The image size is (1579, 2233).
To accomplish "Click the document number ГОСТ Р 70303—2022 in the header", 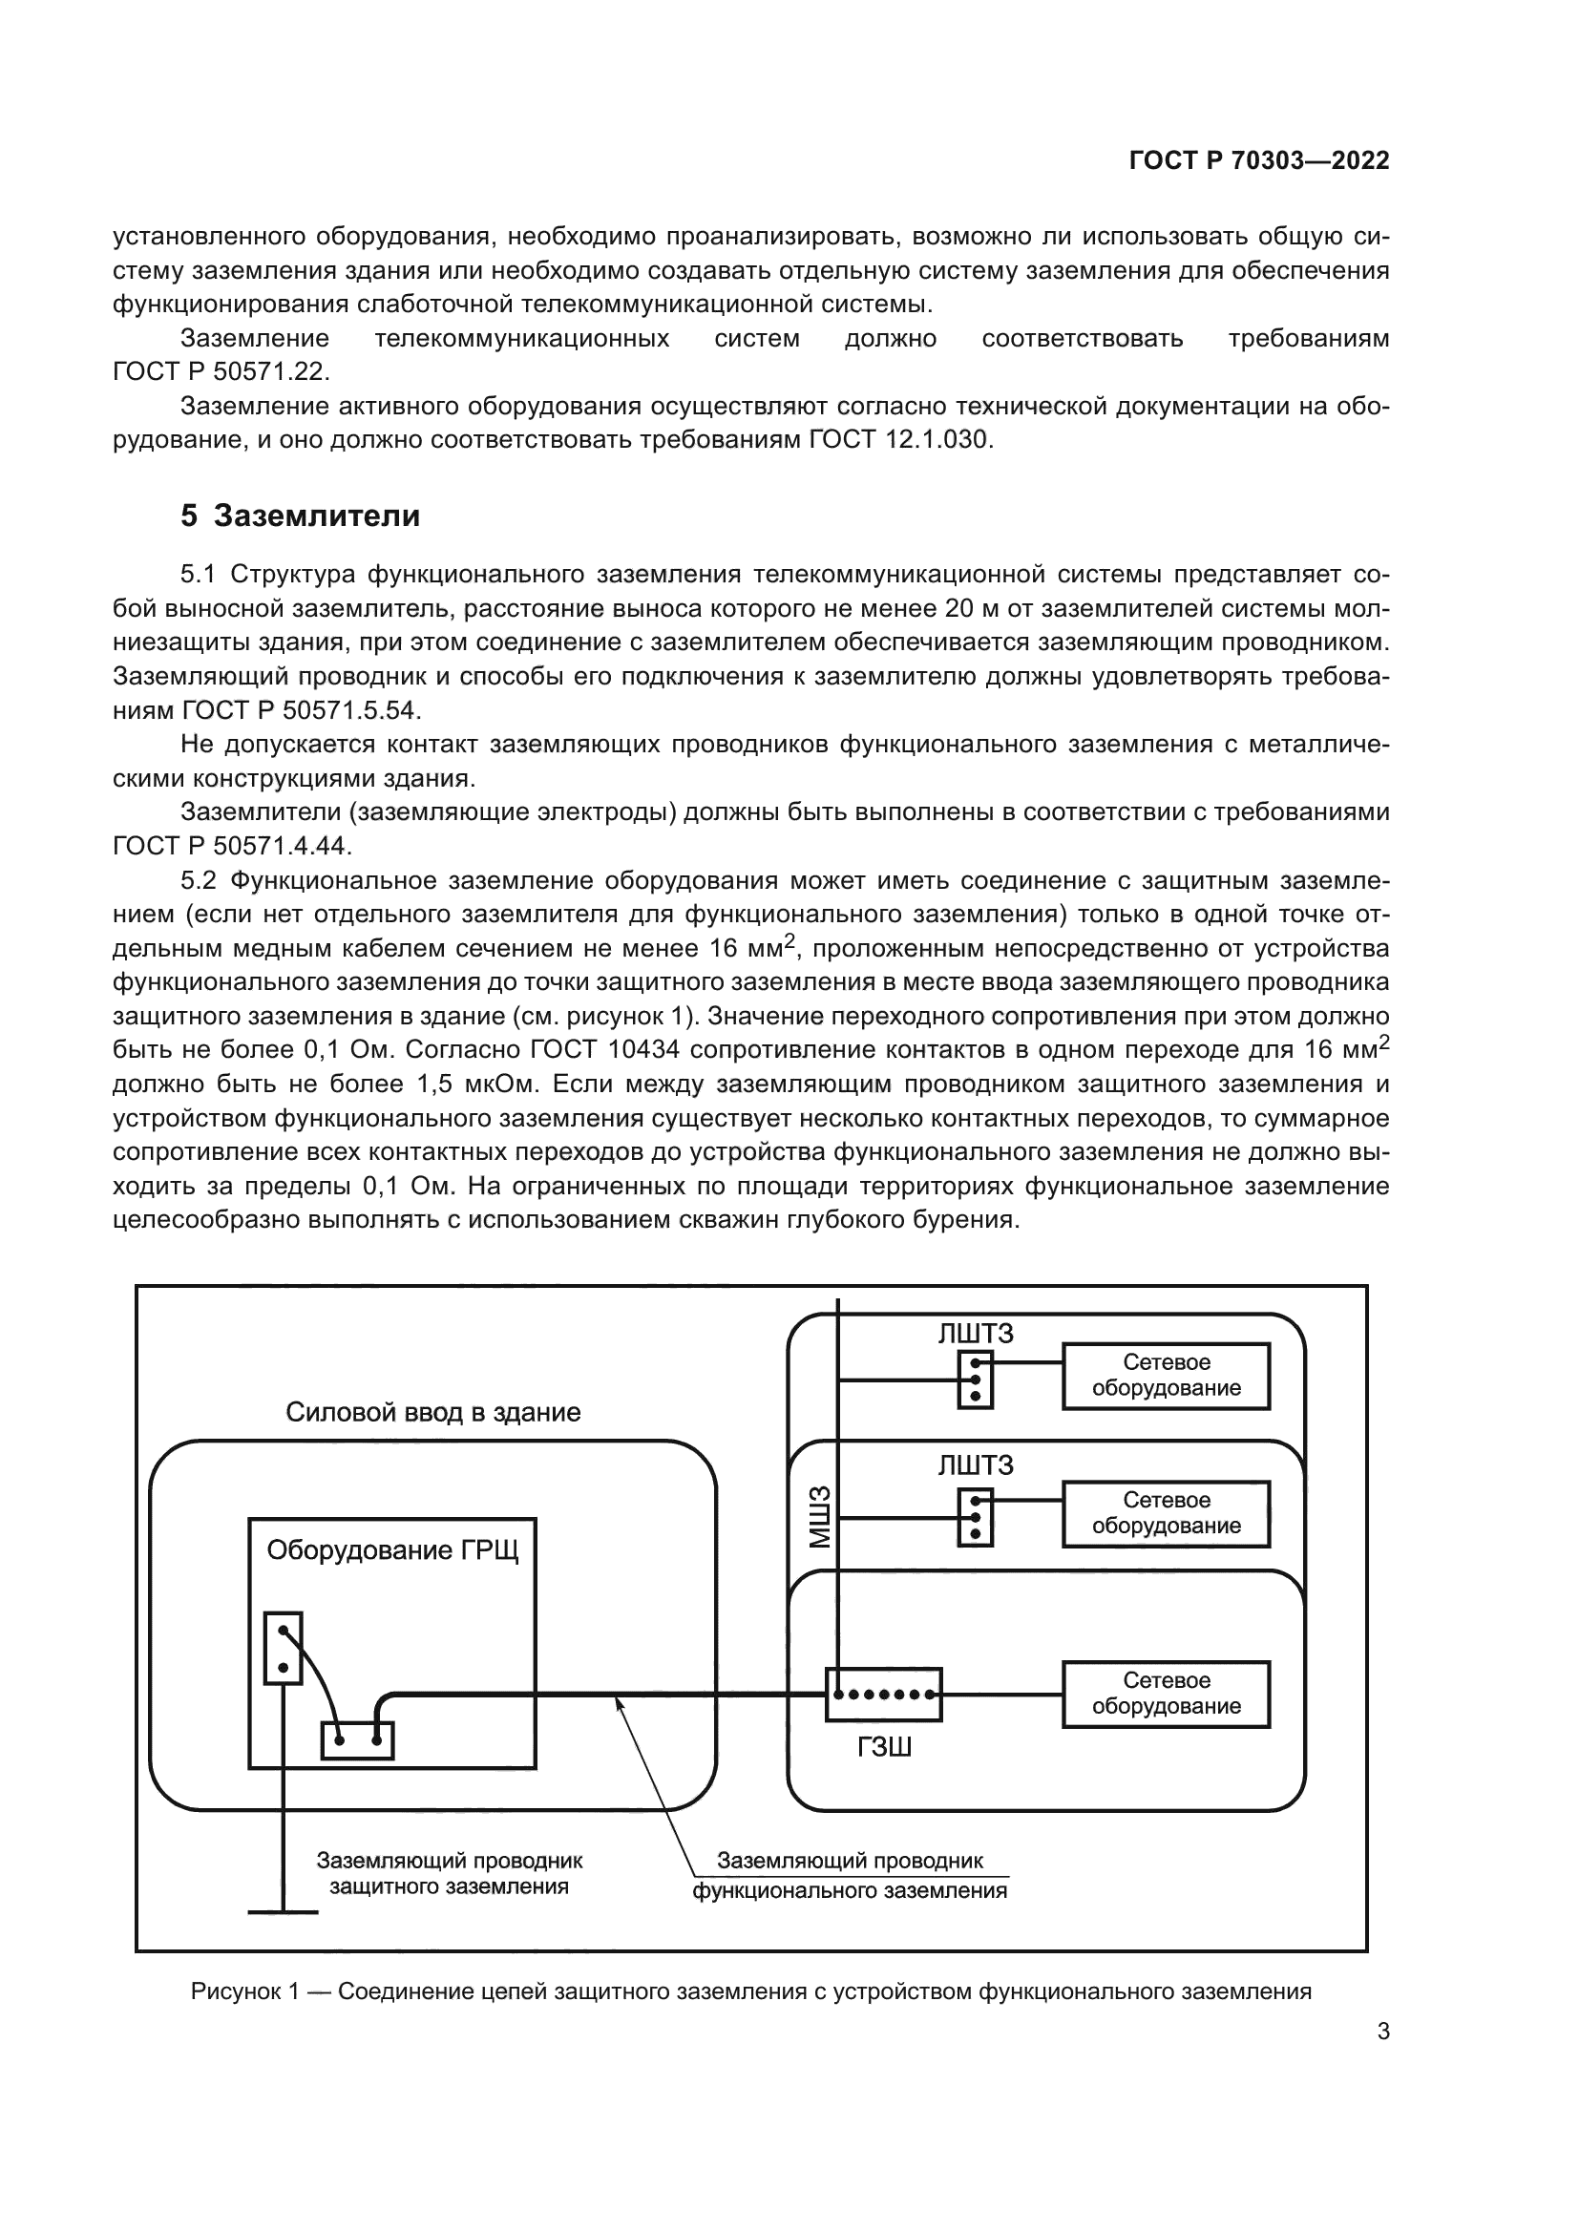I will pyautogui.click(x=1259, y=160).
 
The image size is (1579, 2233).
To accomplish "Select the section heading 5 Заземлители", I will pyautogui.click(x=301, y=516).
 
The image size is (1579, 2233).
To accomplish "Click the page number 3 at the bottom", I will pyautogui.click(x=1382, y=2032).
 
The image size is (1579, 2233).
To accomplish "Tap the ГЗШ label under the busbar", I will pyautogui.click(x=884, y=1748).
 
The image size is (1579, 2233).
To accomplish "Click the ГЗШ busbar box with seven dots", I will pyautogui.click(x=883, y=1695).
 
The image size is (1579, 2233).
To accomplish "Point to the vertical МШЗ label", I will pyautogui.click(x=821, y=1517).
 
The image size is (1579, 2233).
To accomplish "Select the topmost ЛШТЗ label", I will pyautogui.click(x=976, y=1334).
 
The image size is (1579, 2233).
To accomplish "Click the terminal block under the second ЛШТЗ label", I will pyautogui.click(x=975, y=1516).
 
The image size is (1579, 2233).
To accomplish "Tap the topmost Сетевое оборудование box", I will pyautogui.click(x=1166, y=1375).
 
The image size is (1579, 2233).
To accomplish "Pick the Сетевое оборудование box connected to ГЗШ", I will pyautogui.click(x=1166, y=1694).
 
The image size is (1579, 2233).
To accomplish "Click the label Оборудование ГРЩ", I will pyautogui.click(x=391, y=1549).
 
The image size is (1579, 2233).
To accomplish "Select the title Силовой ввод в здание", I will pyautogui.click(x=432, y=1412).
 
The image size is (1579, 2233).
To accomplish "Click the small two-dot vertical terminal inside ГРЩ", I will pyautogui.click(x=283, y=1648).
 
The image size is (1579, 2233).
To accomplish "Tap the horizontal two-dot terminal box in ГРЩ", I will pyautogui.click(x=357, y=1740).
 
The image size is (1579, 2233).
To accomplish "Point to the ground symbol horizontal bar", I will pyautogui.click(x=283, y=1913).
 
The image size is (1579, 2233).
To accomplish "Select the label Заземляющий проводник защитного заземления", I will pyautogui.click(x=450, y=1873).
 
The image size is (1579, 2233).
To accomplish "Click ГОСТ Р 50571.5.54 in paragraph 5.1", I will pyautogui.click(x=302, y=710).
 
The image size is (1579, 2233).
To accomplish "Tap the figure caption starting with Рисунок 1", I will pyautogui.click(x=750, y=1991).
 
